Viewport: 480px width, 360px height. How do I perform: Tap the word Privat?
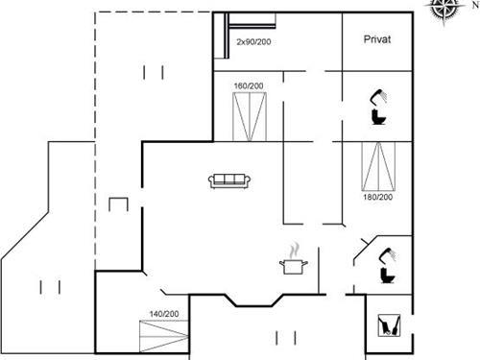[x=376, y=39]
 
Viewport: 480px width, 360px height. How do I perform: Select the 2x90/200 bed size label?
[x=253, y=43]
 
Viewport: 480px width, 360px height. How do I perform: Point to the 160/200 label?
[x=248, y=86]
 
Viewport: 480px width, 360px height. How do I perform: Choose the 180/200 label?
[x=377, y=198]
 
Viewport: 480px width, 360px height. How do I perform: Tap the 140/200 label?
[x=164, y=314]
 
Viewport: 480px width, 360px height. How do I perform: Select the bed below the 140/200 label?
[x=163, y=339]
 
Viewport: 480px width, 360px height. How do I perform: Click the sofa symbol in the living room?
[x=229, y=180]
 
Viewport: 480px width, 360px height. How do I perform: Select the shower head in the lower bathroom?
[x=389, y=253]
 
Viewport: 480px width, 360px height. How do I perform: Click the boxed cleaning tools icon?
[x=390, y=326]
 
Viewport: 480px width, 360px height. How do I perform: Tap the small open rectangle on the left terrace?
[x=119, y=204]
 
